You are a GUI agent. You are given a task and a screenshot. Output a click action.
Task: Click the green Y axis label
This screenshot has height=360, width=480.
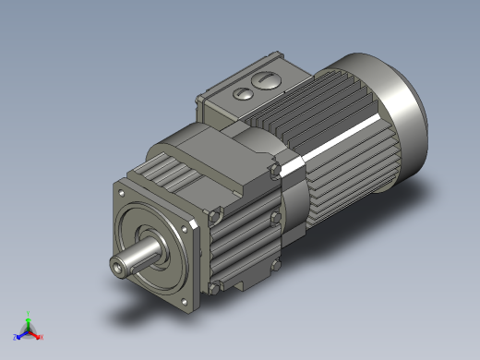29,313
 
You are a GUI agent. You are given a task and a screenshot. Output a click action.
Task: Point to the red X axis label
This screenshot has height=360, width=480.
42,337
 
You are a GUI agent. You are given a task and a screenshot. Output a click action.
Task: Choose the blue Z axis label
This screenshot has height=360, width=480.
16,337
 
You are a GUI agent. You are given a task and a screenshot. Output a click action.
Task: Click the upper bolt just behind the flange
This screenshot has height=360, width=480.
215,217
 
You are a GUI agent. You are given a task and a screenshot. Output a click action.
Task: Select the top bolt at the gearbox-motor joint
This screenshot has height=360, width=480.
273,170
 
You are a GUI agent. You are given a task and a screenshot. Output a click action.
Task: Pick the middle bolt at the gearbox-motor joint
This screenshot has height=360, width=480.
274,218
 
